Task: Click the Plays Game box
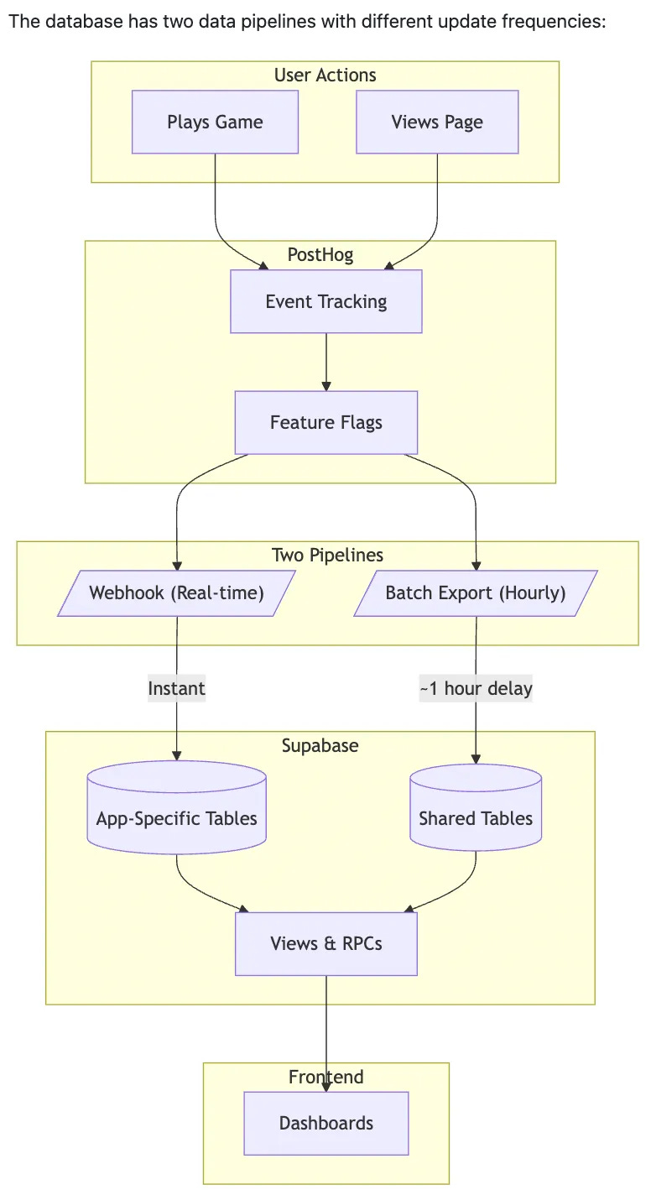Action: tap(215, 123)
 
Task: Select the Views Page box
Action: tap(437, 123)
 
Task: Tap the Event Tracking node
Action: tap(326, 302)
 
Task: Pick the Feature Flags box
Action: tap(326, 422)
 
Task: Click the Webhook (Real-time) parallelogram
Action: tap(176, 593)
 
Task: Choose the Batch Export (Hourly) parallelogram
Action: tap(476, 593)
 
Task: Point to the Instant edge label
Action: tap(176, 689)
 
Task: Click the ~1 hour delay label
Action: tap(476, 689)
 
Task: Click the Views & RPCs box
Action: tap(326, 943)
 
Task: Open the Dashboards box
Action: tap(326, 1123)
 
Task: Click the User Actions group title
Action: tap(325, 76)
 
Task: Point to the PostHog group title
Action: tap(320, 255)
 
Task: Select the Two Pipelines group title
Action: tap(327, 555)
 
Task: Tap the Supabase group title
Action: tap(320, 745)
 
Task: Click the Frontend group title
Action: tap(325, 1077)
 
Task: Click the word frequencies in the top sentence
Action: tap(560, 21)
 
